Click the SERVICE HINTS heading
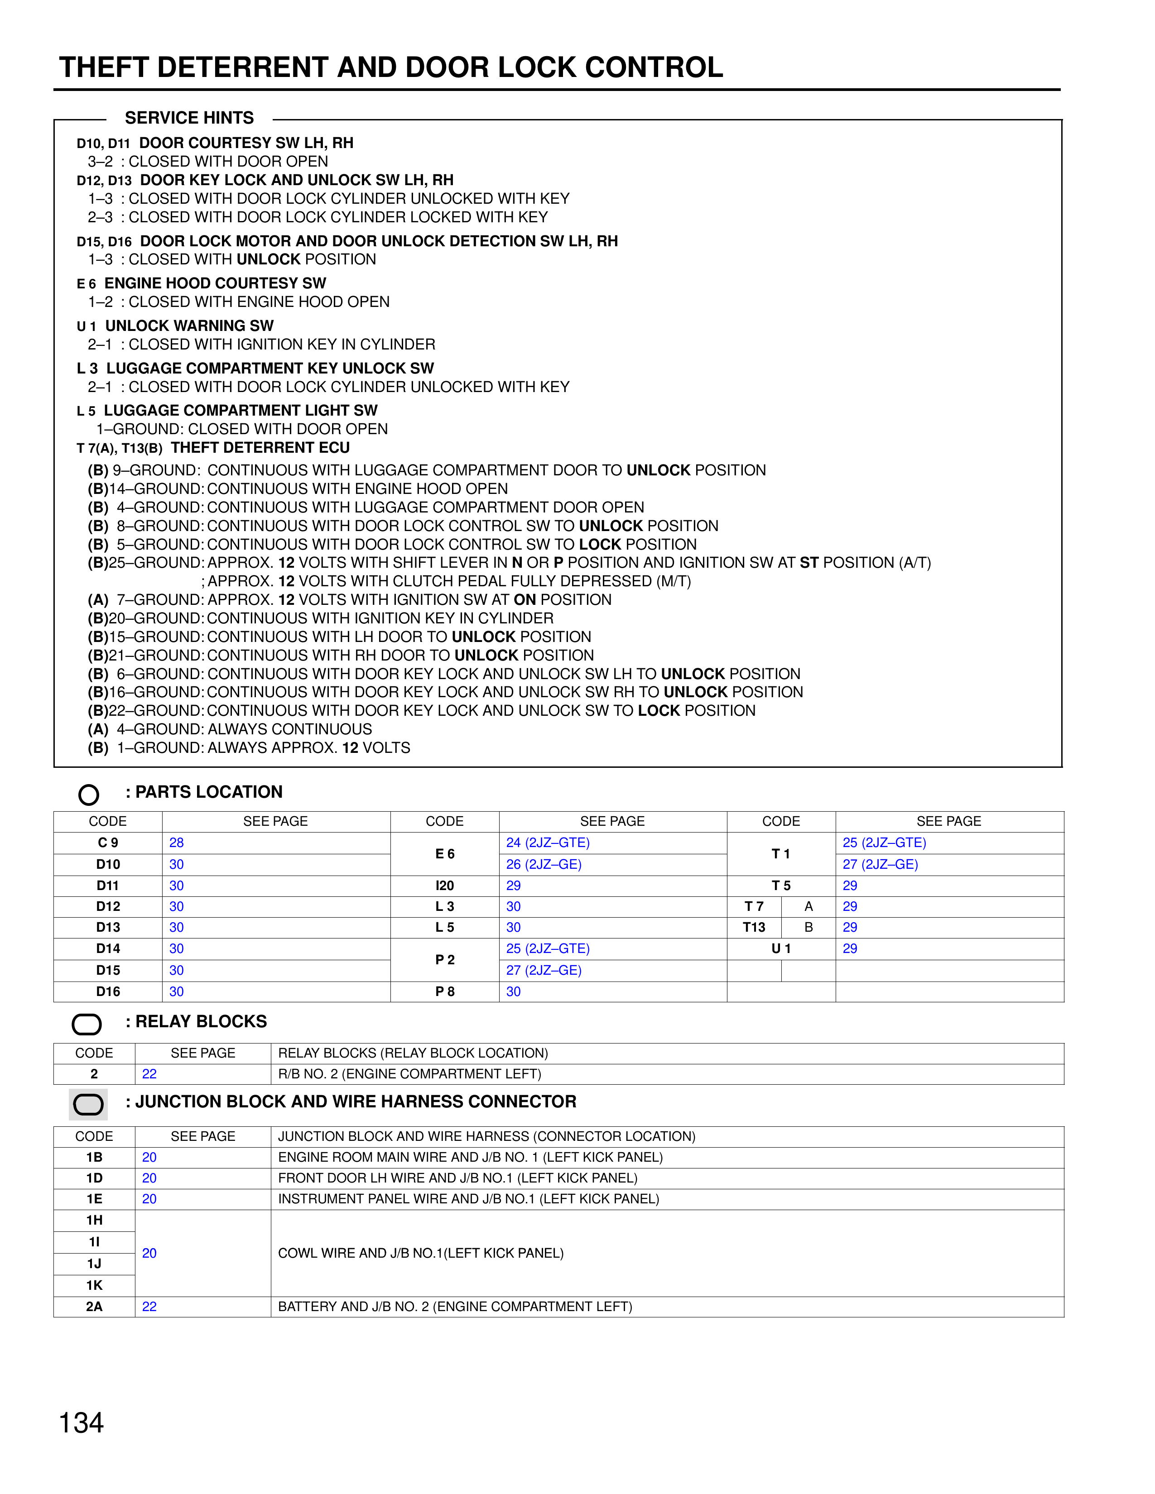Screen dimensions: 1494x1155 189,118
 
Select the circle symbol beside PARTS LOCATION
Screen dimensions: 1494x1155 89,794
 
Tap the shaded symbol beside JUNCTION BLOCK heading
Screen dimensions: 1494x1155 88,1104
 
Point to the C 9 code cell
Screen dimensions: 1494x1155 108,843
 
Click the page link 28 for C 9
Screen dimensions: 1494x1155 177,843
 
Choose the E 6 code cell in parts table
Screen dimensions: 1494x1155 445,854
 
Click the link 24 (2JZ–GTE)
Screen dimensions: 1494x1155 548,843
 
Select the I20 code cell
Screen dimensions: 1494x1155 445,885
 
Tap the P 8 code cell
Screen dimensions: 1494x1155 445,991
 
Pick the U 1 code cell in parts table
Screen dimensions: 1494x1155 781,948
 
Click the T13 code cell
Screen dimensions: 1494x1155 754,927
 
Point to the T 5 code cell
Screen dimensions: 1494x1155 781,885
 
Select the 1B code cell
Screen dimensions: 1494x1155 94,1157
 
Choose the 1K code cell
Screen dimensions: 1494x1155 94,1285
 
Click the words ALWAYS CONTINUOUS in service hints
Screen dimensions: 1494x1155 290,729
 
